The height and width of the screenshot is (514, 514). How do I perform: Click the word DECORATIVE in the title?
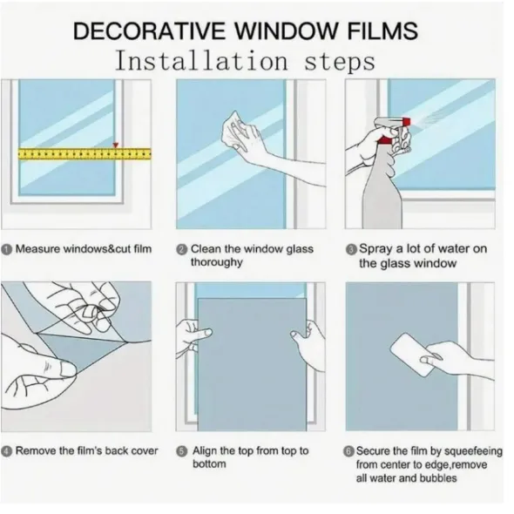[148, 30]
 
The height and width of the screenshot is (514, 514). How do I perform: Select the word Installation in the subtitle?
[201, 61]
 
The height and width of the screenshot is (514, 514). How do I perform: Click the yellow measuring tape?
[85, 153]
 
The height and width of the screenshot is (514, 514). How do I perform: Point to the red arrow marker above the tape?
[115, 145]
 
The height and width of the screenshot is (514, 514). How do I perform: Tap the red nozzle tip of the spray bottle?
[406, 121]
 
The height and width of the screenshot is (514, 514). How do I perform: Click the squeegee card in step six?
[412, 355]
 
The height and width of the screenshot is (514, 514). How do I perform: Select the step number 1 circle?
[7, 250]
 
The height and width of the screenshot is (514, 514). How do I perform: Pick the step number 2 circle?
[182, 250]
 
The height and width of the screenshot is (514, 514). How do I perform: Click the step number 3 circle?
[351, 250]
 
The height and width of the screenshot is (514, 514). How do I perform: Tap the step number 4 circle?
[7, 451]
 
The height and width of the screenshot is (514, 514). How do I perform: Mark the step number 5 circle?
[182, 452]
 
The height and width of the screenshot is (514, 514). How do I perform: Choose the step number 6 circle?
[348, 452]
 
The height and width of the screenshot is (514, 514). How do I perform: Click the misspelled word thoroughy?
[217, 262]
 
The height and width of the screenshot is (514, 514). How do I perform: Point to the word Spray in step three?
[375, 249]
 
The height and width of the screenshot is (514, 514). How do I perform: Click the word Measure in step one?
[37, 249]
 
